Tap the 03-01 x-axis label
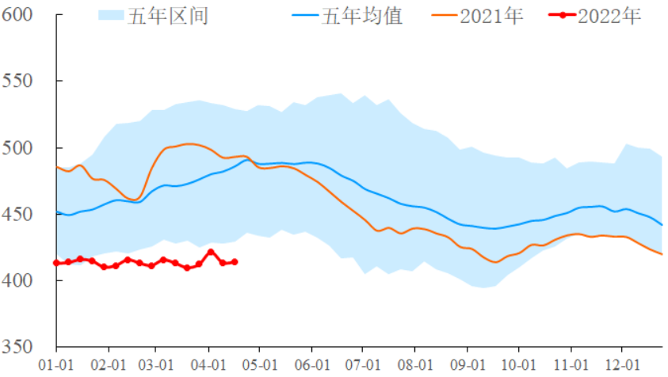tap(155, 365)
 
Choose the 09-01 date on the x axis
tap(466, 365)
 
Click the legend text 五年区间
tap(168, 16)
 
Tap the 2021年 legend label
tap(491, 16)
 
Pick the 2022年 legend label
tap(609, 16)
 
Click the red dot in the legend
tap(562, 16)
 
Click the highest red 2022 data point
tap(211, 252)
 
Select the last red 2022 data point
tap(235, 261)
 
